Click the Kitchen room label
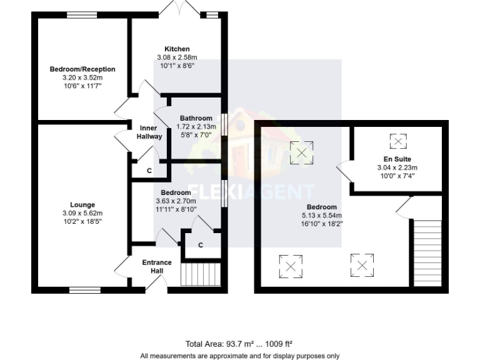[177, 49]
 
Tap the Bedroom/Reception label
[82, 69]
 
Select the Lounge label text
[82, 205]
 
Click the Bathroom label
[196, 118]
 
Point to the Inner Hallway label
[149, 132]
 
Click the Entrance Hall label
[157, 266]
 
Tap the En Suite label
[397, 159]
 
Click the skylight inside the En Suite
[397, 140]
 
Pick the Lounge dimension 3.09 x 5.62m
[82, 213]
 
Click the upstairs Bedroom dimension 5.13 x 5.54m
[321, 215]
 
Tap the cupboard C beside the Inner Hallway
[149, 171]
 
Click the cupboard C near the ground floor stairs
[200, 245]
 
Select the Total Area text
[239, 344]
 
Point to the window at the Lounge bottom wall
[81, 289]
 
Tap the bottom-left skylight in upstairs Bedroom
[290, 266]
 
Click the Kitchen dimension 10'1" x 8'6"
[177, 65]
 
